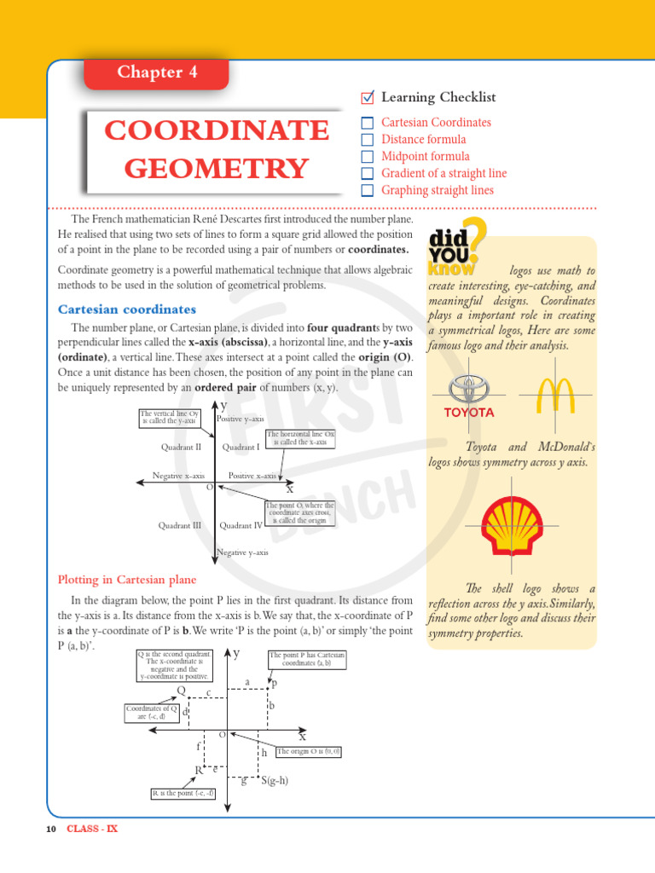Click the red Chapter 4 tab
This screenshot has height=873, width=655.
coord(157,72)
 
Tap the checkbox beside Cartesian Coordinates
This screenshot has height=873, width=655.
coord(368,123)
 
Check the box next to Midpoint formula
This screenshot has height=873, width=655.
coord(368,157)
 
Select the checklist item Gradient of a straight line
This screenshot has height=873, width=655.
coord(443,173)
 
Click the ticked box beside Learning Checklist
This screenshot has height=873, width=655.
coord(368,97)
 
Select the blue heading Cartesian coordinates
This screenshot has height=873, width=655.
coord(126,309)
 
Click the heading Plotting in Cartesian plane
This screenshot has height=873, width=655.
coord(126,580)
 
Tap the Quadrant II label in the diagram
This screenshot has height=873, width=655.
coord(181,447)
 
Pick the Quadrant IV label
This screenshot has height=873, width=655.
coord(241,526)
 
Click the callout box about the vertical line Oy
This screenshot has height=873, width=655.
coord(168,417)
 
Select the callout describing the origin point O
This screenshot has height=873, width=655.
coord(299,512)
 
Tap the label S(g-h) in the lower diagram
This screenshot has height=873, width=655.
coord(275,780)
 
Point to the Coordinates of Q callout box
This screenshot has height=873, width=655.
coord(151,713)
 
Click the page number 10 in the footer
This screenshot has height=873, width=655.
coord(51,829)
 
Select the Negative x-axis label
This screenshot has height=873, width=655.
coord(178,476)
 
